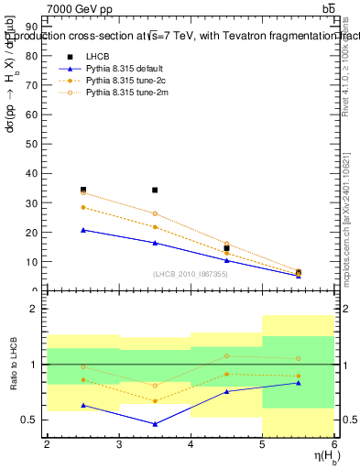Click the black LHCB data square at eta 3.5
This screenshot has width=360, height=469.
(155, 191)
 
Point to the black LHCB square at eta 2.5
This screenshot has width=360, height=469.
(83, 190)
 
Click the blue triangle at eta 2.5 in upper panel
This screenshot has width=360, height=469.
(83, 230)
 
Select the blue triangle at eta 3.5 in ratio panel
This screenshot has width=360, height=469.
(155, 424)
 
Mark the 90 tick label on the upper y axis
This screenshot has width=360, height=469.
(33, 27)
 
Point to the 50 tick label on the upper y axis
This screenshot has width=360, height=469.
(33, 144)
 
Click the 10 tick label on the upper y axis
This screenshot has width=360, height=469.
(33, 261)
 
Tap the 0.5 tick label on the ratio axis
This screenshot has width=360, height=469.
(30, 420)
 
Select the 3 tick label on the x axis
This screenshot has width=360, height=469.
(119, 445)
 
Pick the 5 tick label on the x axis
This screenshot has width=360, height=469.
(262, 445)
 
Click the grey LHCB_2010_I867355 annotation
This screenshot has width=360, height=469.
(191, 275)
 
